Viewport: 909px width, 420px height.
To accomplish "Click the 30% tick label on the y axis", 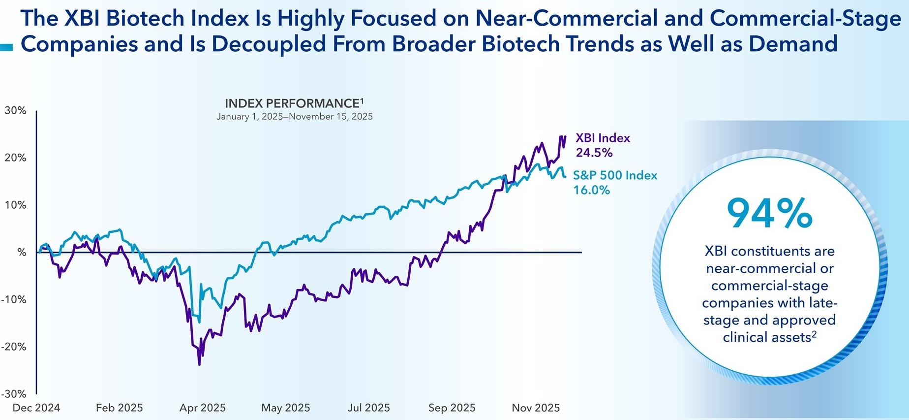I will [15, 111].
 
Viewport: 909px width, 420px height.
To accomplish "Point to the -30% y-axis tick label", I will [14, 394].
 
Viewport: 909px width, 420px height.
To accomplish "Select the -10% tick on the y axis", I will [14, 299].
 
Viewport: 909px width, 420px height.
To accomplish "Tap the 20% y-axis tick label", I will [15, 158].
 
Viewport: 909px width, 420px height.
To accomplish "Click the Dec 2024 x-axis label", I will [36, 408].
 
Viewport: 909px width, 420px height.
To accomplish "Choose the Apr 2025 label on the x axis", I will [203, 408].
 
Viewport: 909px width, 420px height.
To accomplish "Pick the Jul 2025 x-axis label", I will [369, 408].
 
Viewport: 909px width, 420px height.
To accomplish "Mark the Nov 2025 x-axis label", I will [536, 408].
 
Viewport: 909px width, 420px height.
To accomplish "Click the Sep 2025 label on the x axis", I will [452, 408].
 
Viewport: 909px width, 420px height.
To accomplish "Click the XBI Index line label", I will [603, 138].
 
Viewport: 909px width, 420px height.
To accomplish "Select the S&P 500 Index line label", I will [615, 175].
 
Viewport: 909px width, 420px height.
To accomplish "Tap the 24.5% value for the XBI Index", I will [594, 153].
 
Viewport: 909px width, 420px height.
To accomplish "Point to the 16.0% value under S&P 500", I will [591, 190].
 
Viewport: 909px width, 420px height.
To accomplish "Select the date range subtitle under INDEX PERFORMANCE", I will [294, 117].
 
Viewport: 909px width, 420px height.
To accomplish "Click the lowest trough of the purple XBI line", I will [199, 364].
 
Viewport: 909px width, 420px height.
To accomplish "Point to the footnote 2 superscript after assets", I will [814, 334].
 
